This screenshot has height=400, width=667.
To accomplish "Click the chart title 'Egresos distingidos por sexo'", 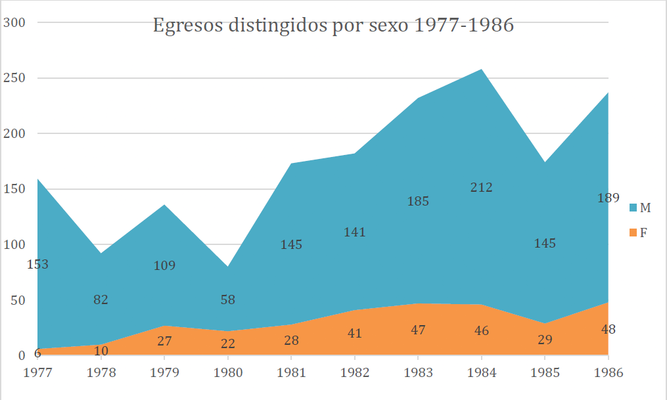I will (333, 26).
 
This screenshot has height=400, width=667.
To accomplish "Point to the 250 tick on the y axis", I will (15, 78).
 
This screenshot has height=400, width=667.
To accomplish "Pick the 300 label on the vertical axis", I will (15, 22).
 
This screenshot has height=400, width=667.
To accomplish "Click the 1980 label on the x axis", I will (227, 372).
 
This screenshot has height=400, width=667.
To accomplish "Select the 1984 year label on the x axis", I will (482, 372).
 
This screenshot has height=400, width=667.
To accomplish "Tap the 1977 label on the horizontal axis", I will (37, 372).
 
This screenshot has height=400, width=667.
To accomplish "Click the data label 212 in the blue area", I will (482, 188).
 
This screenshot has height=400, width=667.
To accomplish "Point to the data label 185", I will (418, 202).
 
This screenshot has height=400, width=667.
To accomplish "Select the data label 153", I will (37, 265).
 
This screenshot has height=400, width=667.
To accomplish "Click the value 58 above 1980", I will (227, 300).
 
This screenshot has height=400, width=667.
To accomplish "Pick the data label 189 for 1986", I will (608, 198).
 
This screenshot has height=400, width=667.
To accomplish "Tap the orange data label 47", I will (418, 330).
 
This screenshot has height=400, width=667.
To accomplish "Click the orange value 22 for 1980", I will (227, 344).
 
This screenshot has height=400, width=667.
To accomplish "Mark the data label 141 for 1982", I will (354, 233).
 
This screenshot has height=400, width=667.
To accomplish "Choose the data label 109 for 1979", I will (164, 266).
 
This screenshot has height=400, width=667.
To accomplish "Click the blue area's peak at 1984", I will (482, 70).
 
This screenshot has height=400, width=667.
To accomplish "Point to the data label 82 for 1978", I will (101, 300).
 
